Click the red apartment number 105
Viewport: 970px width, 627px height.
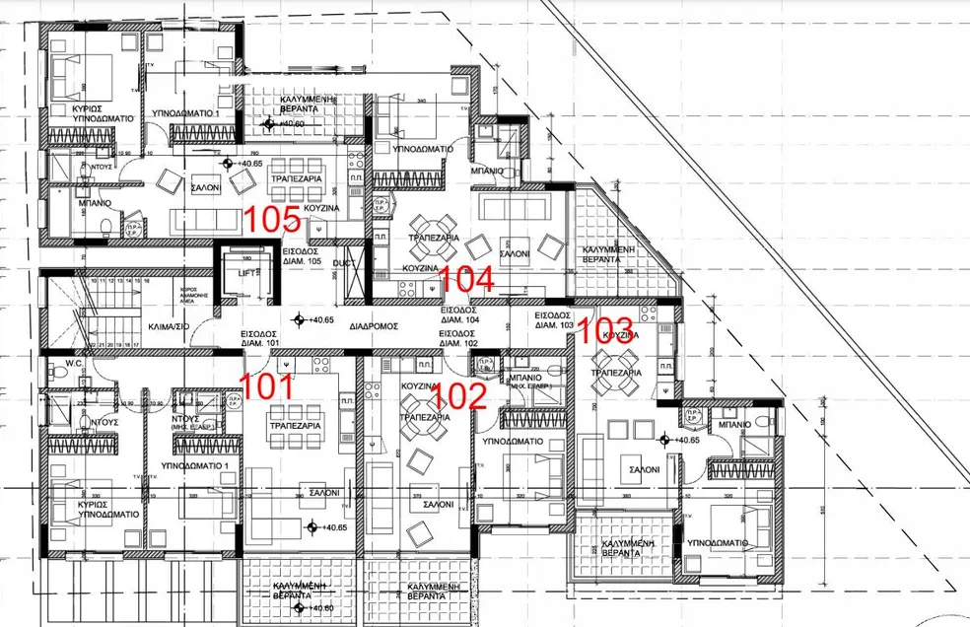click(x=272, y=218)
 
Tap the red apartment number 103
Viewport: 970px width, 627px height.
click(x=604, y=329)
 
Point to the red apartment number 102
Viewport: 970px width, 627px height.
click(x=459, y=395)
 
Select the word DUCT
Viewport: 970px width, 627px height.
click(x=343, y=264)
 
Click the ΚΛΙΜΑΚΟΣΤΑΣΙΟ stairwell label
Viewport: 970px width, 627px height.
click(x=168, y=323)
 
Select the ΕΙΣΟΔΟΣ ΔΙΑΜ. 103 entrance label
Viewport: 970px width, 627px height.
click(x=553, y=319)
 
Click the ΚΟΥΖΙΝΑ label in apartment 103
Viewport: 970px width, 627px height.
click(x=621, y=335)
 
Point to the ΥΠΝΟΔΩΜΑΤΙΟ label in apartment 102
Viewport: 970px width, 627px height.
click(x=514, y=443)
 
